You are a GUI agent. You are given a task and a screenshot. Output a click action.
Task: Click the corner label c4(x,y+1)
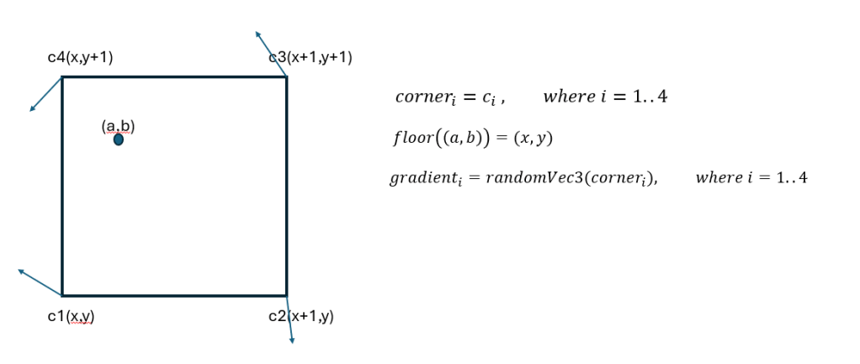(80, 58)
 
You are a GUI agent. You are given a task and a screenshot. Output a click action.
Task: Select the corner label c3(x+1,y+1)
(310, 58)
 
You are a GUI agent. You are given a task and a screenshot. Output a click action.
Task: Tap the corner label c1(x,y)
(70, 317)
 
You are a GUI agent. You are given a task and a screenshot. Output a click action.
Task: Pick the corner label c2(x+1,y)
(301, 317)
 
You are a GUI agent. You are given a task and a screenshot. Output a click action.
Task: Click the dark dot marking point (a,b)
(118, 140)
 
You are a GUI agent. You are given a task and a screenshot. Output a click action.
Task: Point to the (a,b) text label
(118, 126)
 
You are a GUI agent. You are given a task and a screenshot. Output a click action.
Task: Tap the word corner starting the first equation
(423, 98)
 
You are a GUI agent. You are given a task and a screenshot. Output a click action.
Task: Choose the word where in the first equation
(568, 97)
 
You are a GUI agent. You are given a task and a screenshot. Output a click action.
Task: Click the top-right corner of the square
(286, 77)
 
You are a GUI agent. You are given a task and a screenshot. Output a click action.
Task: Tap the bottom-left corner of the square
(62, 295)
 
